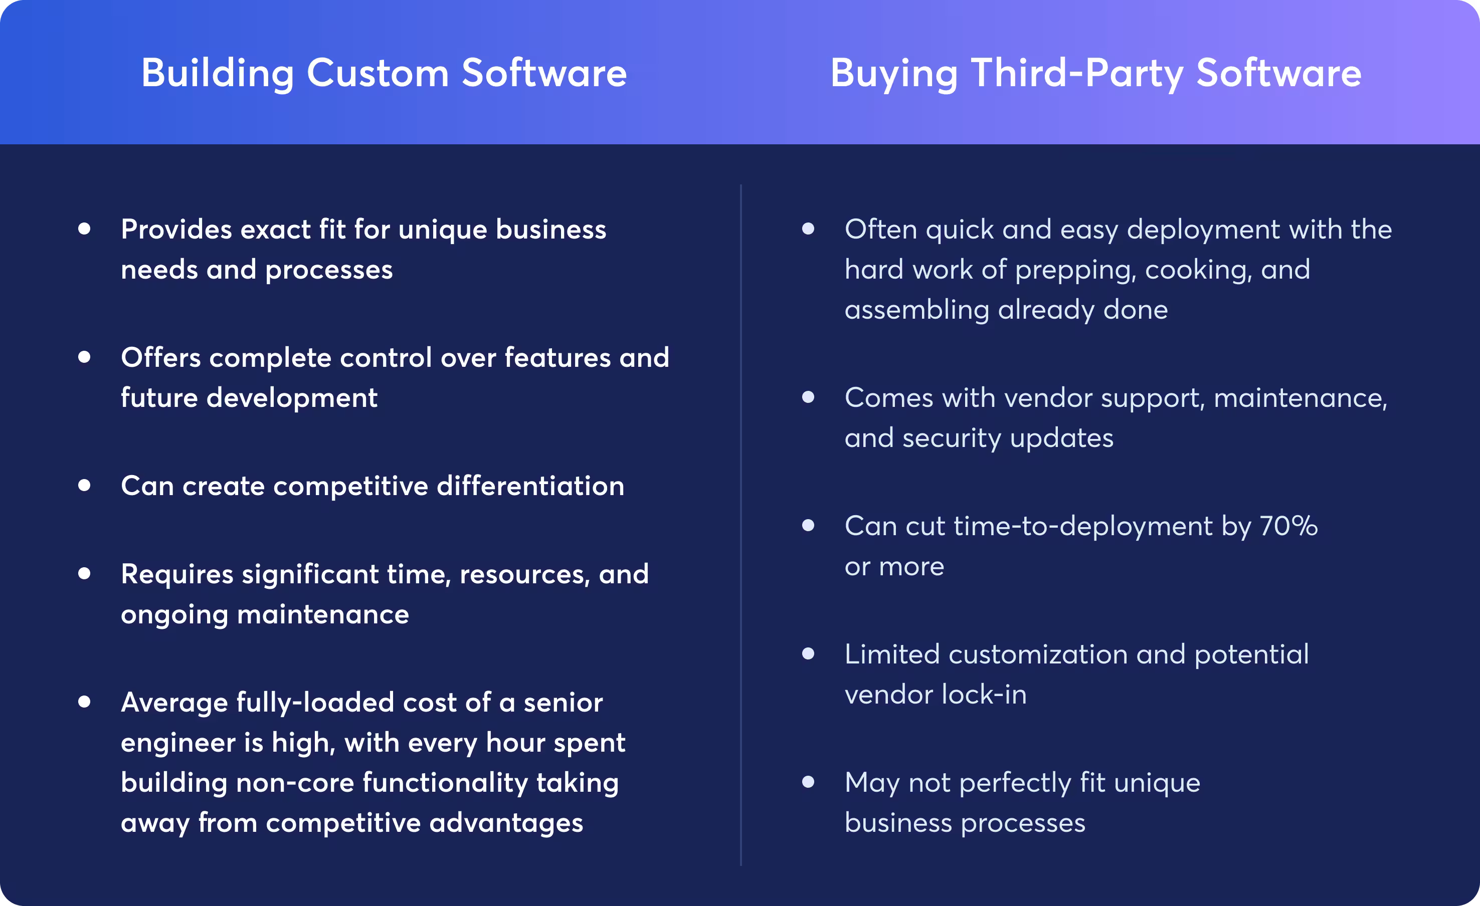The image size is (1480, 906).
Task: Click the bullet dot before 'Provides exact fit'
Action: point(84,229)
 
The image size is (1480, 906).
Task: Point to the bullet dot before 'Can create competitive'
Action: point(84,485)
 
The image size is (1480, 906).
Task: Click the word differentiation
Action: point(530,486)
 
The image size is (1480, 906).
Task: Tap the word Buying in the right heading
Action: point(894,73)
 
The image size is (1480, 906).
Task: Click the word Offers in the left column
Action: point(160,358)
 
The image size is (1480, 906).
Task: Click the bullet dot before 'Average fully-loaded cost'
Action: point(84,701)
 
